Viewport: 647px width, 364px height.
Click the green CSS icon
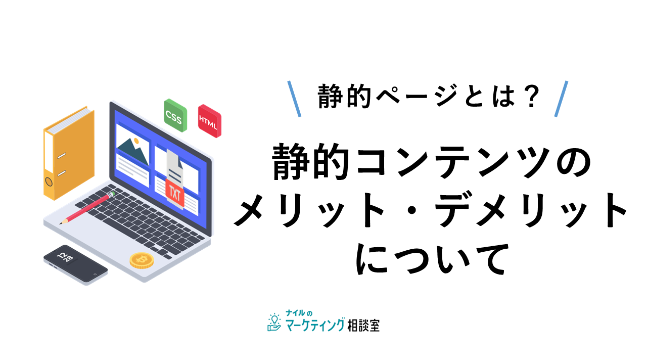[175, 115]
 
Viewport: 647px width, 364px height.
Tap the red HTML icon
[210, 121]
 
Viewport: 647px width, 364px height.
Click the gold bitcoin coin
[142, 260]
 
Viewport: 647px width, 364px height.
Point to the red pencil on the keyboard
[87, 207]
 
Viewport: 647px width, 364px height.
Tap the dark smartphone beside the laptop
[75, 265]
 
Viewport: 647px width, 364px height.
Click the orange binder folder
[69, 153]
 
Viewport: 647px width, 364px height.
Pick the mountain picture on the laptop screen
[132, 150]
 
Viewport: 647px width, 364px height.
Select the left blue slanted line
[294, 99]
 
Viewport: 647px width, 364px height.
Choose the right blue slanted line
[561, 99]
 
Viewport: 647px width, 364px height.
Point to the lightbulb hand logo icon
[274, 322]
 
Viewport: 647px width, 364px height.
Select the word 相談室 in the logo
[363, 326]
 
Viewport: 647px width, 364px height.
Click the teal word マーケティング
[315, 325]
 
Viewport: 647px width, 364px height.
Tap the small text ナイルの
[299, 313]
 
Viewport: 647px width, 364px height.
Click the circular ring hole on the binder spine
[49, 182]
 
